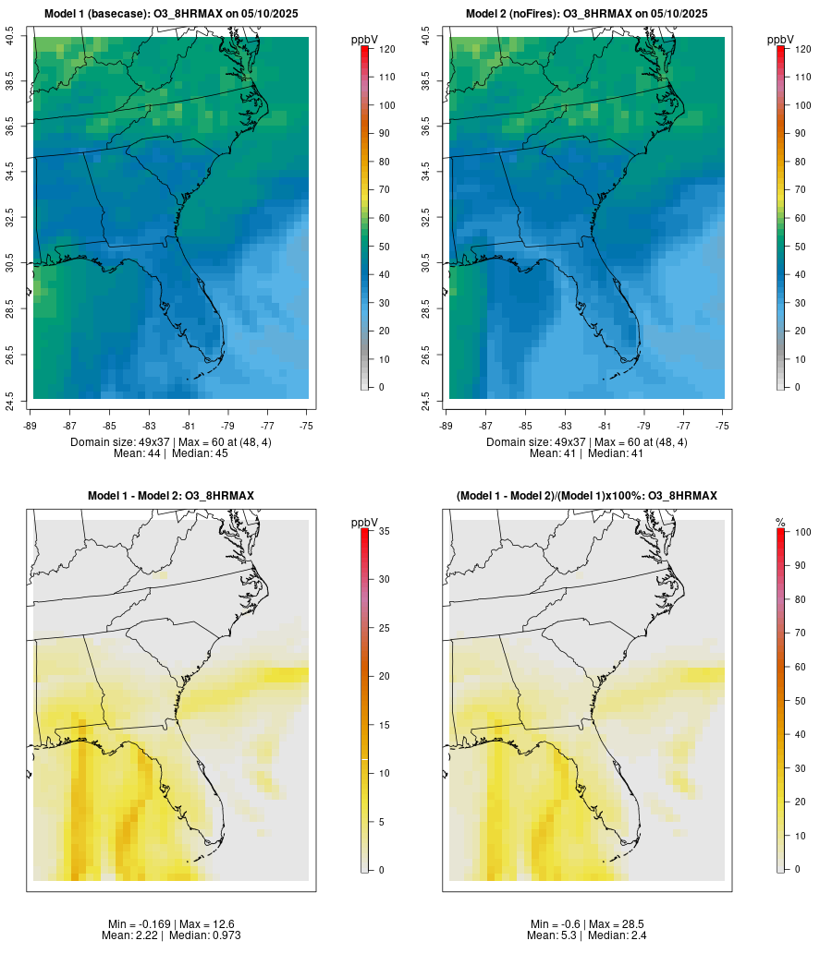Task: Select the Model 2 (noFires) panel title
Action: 587,14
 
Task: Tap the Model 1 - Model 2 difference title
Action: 171,496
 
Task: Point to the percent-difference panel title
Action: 587,496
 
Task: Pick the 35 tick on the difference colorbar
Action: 383,531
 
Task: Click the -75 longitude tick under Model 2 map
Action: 723,426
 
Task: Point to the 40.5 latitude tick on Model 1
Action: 10,37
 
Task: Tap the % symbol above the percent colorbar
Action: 780,523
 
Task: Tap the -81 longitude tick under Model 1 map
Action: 189,426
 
